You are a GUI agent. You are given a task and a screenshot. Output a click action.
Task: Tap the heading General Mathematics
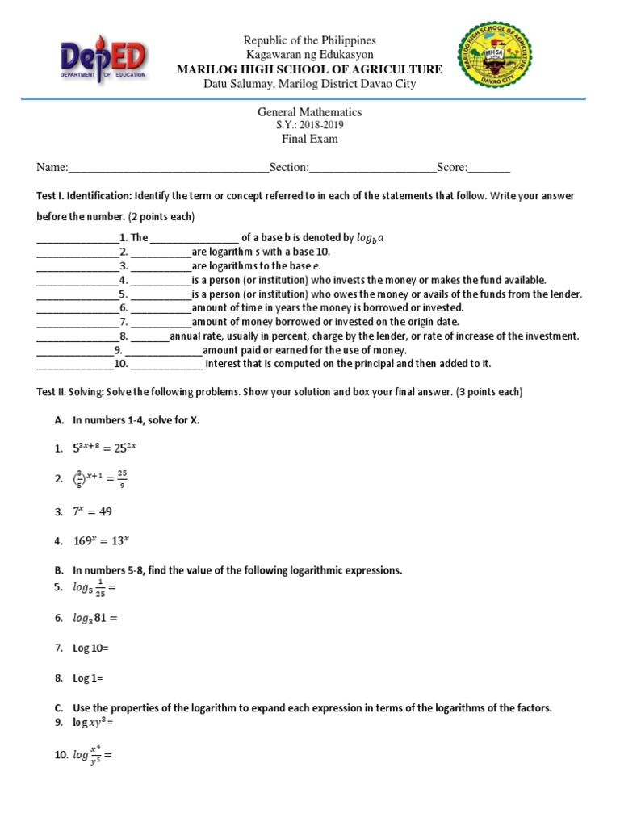(310, 113)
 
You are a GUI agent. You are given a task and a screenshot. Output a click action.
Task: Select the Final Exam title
(310, 139)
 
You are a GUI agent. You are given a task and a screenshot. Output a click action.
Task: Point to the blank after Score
(489, 168)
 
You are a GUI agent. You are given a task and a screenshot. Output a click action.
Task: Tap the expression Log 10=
(90, 649)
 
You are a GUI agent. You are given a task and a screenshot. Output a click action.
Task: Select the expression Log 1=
(88, 678)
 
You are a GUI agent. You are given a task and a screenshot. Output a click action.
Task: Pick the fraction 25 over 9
(122, 479)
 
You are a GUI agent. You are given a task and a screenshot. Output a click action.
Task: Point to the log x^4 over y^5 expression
(91, 757)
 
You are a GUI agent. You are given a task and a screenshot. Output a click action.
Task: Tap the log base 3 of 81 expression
(95, 619)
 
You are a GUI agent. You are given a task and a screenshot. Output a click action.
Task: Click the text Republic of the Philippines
(310, 40)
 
